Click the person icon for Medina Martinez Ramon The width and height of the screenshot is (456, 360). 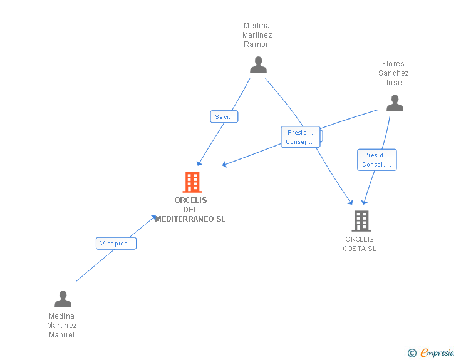(x=258, y=65)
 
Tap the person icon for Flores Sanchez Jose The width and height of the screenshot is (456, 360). (x=395, y=103)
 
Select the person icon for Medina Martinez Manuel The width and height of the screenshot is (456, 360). (x=63, y=299)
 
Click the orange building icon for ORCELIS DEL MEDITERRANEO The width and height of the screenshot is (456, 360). (x=192, y=182)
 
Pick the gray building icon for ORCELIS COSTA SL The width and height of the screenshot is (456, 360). (x=361, y=221)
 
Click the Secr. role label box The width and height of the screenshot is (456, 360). (x=224, y=117)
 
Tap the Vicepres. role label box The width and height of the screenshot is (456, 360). (x=116, y=244)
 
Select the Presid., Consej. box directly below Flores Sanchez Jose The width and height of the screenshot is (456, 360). (x=376, y=160)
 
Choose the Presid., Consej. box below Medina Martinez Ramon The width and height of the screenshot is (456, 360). (x=301, y=137)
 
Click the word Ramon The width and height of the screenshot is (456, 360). (x=257, y=44)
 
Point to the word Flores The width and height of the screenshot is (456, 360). (x=393, y=63)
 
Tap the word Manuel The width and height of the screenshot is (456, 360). (x=62, y=335)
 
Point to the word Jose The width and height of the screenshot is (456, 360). (x=393, y=83)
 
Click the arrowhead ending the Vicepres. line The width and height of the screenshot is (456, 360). (x=155, y=217)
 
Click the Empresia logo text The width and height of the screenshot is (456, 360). (x=437, y=353)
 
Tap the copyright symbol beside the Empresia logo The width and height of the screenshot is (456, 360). (x=412, y=353)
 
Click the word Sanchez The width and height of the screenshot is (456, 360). (x=393, y=73)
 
